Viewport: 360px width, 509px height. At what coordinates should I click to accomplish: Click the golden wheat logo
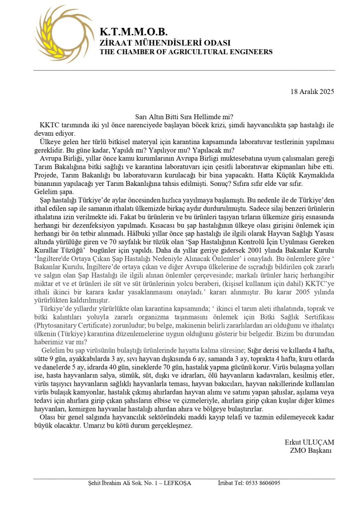(x=57, y=34)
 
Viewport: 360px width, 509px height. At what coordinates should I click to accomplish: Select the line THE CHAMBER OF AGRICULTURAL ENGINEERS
(x=186, y=52)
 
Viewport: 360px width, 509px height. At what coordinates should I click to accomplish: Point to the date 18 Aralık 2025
(x=312, y=91)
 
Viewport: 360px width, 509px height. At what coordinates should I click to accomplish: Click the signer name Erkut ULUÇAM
(x=309, y=442)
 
